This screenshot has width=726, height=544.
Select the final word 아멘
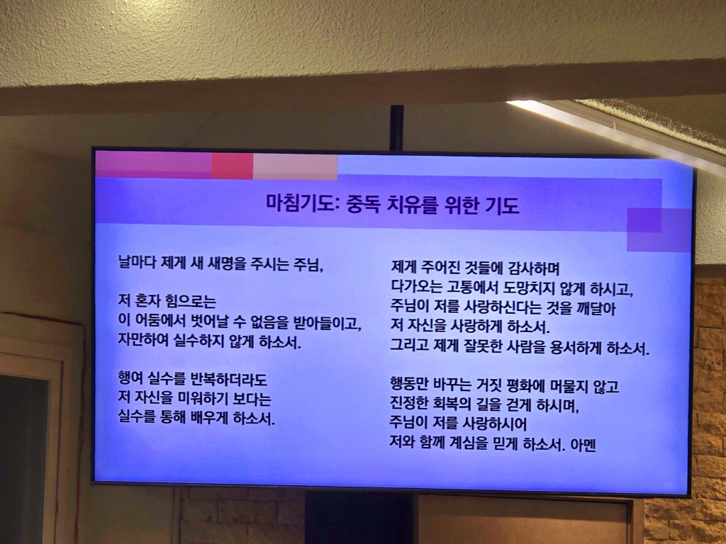coord(583,445)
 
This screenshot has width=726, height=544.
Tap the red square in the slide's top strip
coord(233,166)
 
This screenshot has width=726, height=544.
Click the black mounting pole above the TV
coord(397,127)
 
